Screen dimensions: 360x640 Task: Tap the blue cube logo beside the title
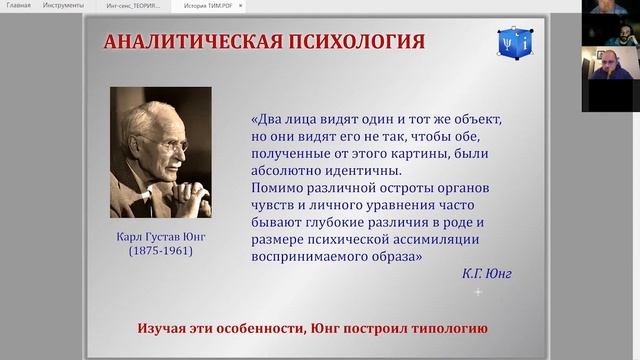(513, 43)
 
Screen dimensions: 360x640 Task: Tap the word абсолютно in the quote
(287, 170)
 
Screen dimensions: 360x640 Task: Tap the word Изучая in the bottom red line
(165, 328)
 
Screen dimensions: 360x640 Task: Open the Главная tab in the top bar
(18, 6)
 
